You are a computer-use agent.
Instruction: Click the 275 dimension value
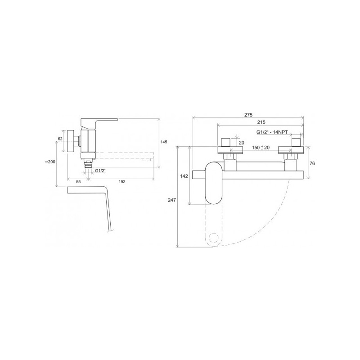(248, 115)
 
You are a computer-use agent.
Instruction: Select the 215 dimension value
(261, 122)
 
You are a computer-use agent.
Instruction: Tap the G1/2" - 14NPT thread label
(272, 132)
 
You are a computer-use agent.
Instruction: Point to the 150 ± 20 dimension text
(261, 148)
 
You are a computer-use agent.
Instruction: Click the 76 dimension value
(312, 163)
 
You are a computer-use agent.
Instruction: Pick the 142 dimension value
(184, 176)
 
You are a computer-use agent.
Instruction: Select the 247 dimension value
(172, 200)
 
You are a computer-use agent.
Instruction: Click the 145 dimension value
(164, 142)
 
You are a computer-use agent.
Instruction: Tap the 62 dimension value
(60, 139)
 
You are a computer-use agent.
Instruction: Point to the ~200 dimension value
(50, 162)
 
